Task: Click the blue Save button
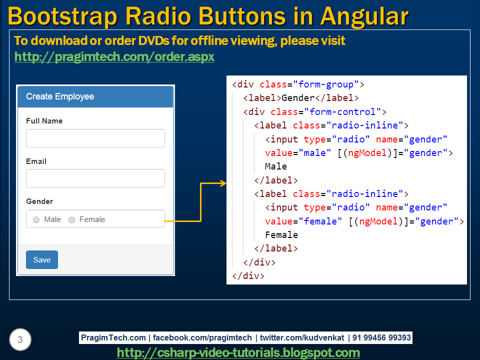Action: (x=42, y=259)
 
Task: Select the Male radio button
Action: (x=36, y=220)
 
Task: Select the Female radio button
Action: (x=71, y=220)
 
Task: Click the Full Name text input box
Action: (x=95, y=138)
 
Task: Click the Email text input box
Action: (x=95, y=178)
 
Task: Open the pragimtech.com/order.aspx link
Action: (x=114, y=57)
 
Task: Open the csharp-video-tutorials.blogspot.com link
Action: (x=238, y=352)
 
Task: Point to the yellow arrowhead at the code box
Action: (x=223, y=183)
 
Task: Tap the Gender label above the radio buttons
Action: (x=39, y=201)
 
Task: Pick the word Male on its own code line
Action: (x=276, y=166)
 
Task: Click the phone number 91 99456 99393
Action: (x=381, y=338)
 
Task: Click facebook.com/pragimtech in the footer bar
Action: (x=202, y=338)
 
